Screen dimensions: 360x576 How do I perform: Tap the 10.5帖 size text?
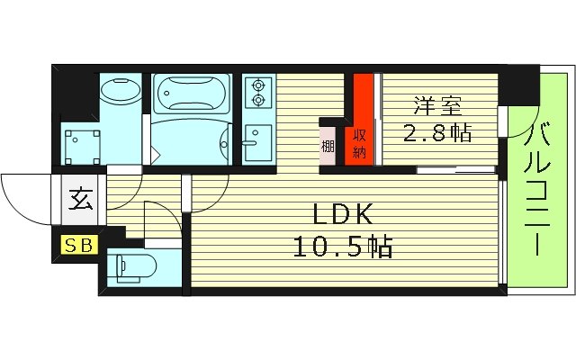[x=342, y=247]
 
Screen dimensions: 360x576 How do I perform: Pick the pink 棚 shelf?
[x=328, y=143]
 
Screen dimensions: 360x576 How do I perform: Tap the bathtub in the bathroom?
[x=192, y=93]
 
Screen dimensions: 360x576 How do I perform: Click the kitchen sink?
[x=256, y=142]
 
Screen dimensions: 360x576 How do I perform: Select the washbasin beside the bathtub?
[x=119, y=94]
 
